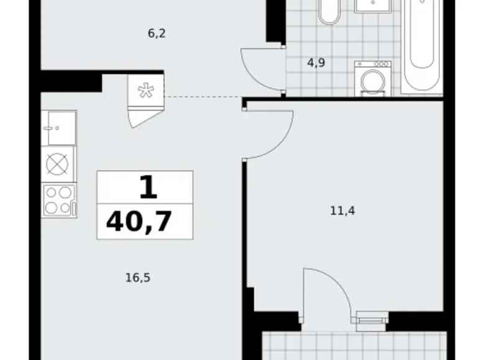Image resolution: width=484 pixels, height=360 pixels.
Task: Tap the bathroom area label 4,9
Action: (318, 61)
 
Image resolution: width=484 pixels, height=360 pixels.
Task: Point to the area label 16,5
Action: (138, 278)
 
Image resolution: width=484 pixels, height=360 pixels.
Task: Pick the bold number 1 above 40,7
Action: (146, 187)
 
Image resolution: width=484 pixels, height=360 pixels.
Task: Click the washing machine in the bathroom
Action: (373, 79)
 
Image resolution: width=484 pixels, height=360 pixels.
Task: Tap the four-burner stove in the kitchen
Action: (59, 200)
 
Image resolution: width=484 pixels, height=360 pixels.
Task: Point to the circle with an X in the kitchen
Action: (58, 164)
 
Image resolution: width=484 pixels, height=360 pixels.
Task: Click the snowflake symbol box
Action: (146, 92)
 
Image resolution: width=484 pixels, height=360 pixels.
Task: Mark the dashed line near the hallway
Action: (202, 97)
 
